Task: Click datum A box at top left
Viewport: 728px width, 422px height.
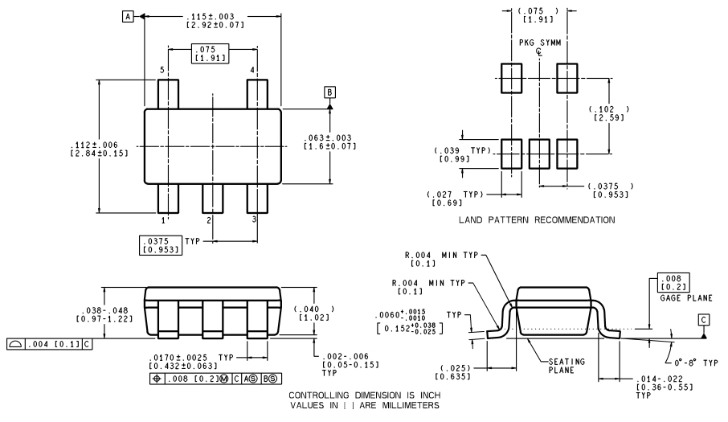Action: [x=128, y=16]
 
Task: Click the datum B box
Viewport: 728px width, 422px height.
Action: [x=329, y=92]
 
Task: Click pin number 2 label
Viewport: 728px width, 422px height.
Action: [x=208, y=219]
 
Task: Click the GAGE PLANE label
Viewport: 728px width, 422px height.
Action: [x=685, y=297]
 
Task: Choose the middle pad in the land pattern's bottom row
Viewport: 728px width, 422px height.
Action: [x=539, y=153]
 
